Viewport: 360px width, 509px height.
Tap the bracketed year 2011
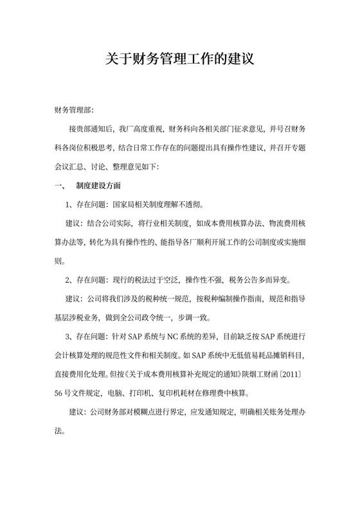tap(291, 375)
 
